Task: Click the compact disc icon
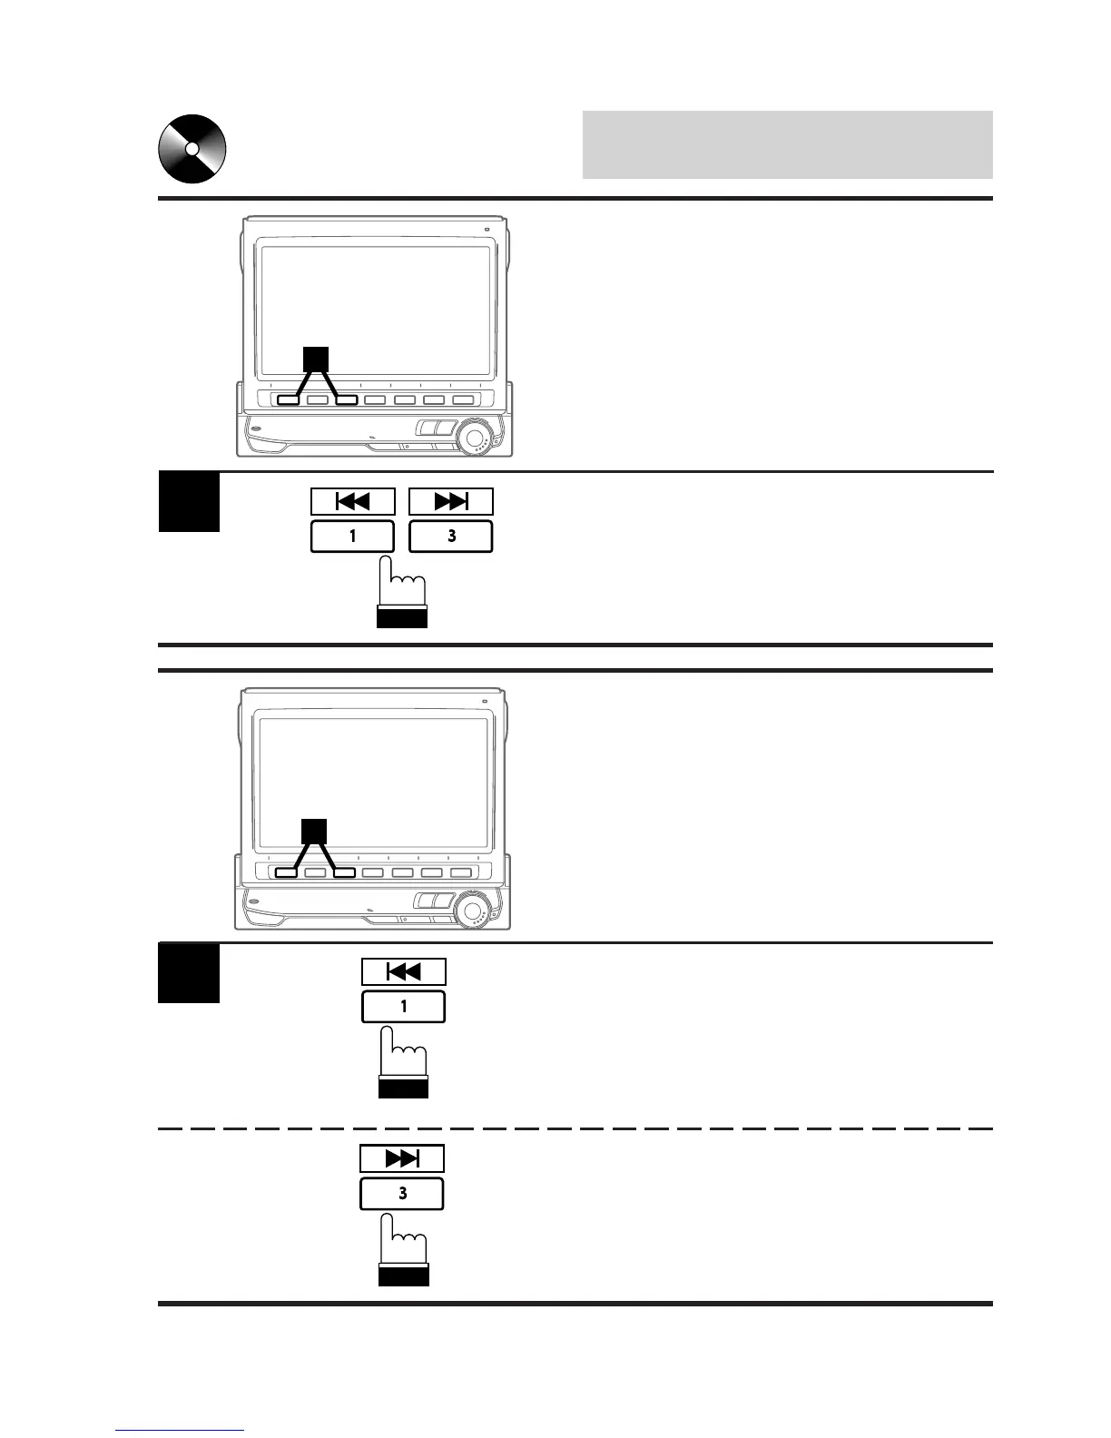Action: pos(192,149)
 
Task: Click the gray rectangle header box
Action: pos(787,145)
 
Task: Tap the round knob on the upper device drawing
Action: pos(474,437)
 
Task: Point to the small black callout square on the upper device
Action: pos(315,359)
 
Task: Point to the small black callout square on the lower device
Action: pos(314,831)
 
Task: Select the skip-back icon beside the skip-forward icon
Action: pos(353,502)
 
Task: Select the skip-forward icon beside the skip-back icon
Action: pos(451,502)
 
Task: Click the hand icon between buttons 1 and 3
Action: pos(402,590)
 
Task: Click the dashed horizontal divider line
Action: pos(575,1128)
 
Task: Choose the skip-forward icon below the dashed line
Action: pos(402,1159)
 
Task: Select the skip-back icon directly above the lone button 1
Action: pos(404,972)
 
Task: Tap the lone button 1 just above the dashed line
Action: pos(404,1007)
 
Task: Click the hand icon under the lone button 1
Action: pos(403,1059)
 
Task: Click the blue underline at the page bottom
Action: pos(180,1431)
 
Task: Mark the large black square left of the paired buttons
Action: pos(189,502)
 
